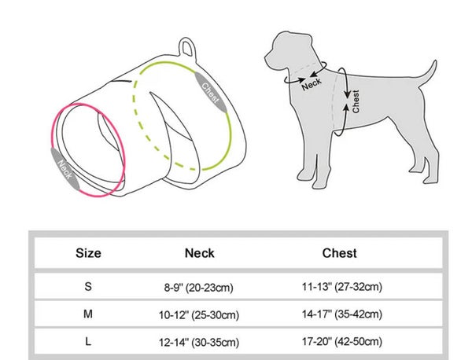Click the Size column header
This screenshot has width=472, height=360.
pos(88,253)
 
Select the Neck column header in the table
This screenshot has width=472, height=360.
pos(199,253)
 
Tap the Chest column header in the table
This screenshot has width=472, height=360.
pos(339,253)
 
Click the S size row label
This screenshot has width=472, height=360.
pos(87,287)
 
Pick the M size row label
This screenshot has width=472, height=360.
pos(87,314)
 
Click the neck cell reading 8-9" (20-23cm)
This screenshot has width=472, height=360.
pos(199,288)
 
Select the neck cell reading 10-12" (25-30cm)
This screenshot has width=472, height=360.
pos(199,315)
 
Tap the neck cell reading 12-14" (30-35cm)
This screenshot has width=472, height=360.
pos(199,342)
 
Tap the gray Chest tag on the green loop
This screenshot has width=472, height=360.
pos(212,96)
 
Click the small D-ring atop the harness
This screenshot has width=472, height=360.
pos(187,46)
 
